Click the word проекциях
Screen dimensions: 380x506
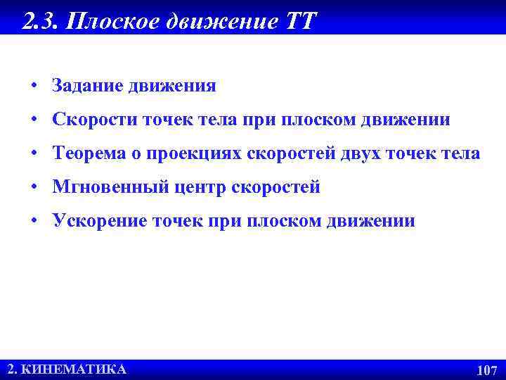click(196, 153)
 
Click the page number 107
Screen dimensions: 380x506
click(486, 370)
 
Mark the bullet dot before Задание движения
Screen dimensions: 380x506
click(34, 87)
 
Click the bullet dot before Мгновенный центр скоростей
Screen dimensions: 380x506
click(34, 188)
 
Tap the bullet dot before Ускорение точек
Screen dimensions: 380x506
click(34, 222)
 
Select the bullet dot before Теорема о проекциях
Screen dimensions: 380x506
click(34, 154)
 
